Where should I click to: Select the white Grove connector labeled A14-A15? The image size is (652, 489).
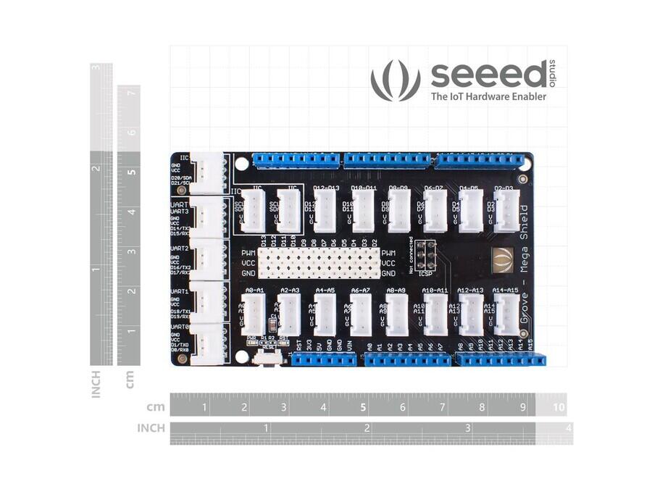pyautogui.click(x=506, y=315)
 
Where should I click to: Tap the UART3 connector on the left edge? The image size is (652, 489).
pyautogui.click(x=209, y=216)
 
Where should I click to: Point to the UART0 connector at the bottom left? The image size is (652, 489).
pyautogui.click(x=209, y=339)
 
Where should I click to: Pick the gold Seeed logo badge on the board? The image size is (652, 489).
pyautogui.click(x=503, y=258)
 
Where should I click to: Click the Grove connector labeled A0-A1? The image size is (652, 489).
pyautogui.click(x=254, y=315)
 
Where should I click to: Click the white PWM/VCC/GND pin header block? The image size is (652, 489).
pyautogui.click(x=319, y=262)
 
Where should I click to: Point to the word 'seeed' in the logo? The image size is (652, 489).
pyautogui.click(x=489, y=75)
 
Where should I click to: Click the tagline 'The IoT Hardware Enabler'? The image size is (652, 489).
pyautogui.click(x=488, y=96)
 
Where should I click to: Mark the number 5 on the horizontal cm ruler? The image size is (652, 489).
pyautogui.click(x=362, y=407)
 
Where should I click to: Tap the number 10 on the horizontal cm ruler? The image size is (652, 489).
pyautogui.click(x=559, y=407)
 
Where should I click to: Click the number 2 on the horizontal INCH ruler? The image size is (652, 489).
pyautogui.click(x=367, y=428)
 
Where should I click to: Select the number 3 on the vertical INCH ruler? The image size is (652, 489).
pyautogui.click(x=96, y=68)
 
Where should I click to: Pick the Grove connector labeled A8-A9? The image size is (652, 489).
pyautogui.click(x=397, y=315)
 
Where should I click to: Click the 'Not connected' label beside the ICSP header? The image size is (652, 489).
pyautogui.click(x=411, y=254)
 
